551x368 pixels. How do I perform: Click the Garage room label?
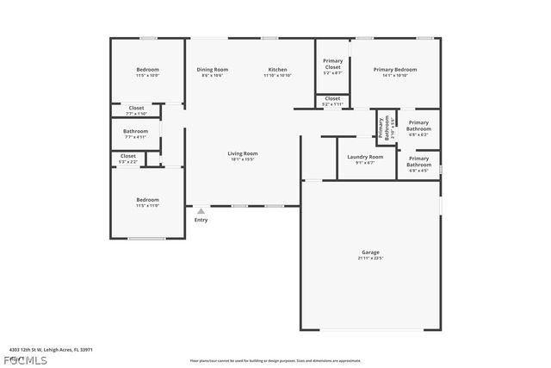pyautogui.click(x=370, y=253)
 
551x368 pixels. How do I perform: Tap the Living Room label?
pyautogui.click(x=243, y=153)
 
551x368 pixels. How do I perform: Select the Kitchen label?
pyautogui.click(x=277, y=69)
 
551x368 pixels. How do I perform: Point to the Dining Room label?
pyautogui.click(x=213, y=69)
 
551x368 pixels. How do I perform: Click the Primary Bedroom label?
pyautogui.click(x=395, y=69)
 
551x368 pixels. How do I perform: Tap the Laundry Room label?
pyautogui.click(x=365, y=157)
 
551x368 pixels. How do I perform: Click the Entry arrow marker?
pyautogui.click(x=201, y=210)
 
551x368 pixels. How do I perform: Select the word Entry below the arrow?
pyautogui.click(x=201, y=220)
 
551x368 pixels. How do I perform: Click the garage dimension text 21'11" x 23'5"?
pyautogui.click(x=370, y=258)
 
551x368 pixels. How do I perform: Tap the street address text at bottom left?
pyautogui.click(x=51, y=350)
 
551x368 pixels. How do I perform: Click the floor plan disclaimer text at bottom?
pyautogui.click(x=275, y=360)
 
